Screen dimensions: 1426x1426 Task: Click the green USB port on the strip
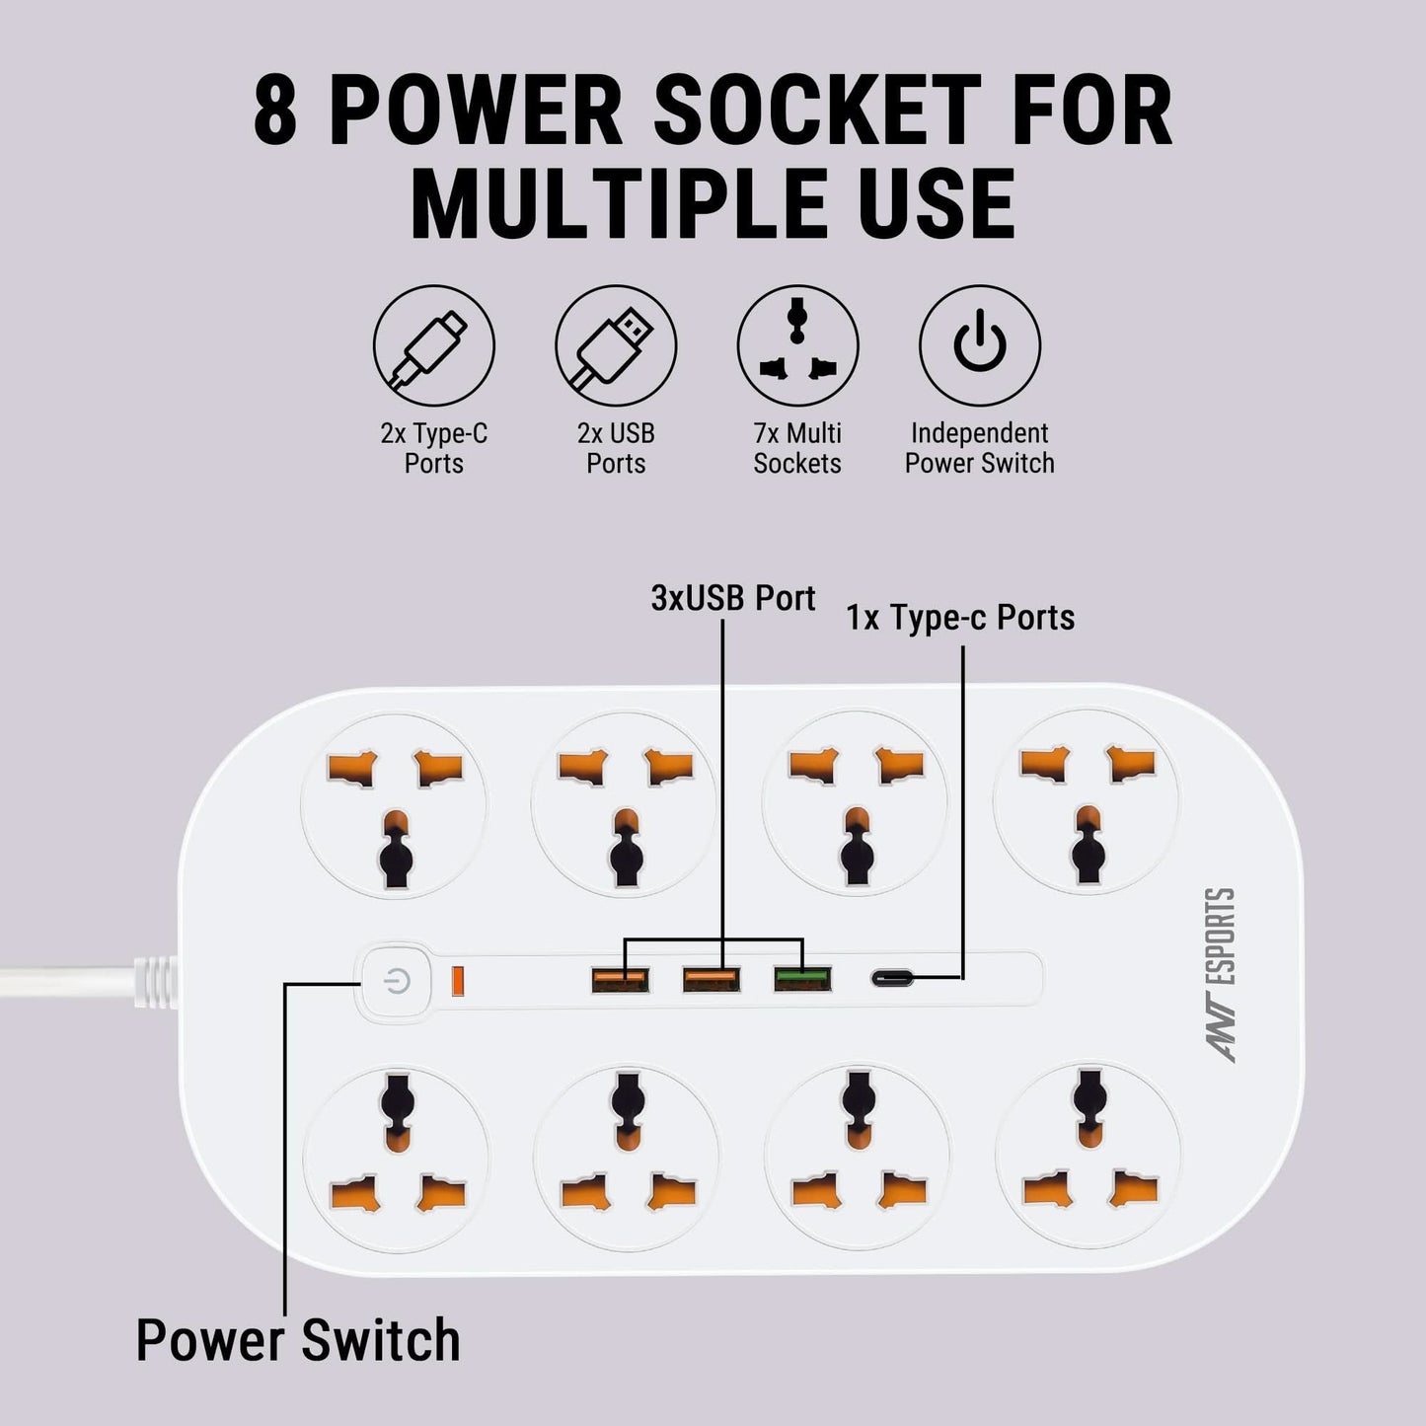(801, 979)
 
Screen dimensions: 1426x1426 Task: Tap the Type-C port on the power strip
(894, 979)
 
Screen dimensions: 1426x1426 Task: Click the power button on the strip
(397, 982)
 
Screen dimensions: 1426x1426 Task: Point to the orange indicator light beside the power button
(458, 981)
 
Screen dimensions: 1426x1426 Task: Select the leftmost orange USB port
(620, 979)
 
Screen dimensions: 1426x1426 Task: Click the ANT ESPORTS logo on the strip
(1223, 974)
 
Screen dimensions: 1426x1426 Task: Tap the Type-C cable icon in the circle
(433, 346)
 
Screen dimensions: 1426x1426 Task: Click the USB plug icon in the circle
(616, 346)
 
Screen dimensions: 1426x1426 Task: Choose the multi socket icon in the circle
(797, 346)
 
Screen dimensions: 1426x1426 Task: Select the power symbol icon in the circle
(979, 346)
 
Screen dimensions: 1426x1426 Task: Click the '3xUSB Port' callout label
(732, 599)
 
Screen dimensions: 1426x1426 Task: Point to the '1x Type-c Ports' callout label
(959, 618)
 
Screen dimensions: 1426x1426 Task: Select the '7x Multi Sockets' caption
(797, 448)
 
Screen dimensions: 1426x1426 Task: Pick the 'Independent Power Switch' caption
(979, 448)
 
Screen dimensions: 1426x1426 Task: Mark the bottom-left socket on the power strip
(396, 1155)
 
